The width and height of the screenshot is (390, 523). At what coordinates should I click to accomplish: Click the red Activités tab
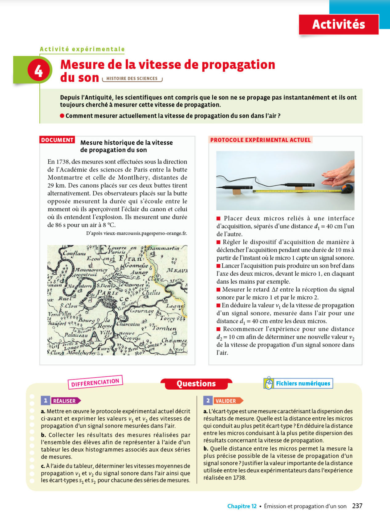(x=338, y=24)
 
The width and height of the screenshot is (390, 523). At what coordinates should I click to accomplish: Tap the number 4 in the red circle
(x=39, y=71)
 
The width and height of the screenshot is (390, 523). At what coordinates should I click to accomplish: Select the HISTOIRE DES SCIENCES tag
(x=132, y=79)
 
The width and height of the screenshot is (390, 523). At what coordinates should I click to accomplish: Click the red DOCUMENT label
(x=57, y=140)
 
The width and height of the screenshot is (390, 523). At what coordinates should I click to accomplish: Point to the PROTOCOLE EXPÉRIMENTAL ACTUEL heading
(x=260, y=140)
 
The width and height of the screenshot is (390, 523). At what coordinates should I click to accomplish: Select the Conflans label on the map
(x=74, y=253)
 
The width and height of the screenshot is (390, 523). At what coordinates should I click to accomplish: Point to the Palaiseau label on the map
(x=76, y=335)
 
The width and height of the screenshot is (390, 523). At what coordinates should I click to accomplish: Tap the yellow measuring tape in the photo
(x=296, y=191)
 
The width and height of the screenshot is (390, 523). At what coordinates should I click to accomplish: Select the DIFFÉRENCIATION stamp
(x=95, y=382)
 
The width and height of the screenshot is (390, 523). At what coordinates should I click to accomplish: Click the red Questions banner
(x=196, y=384)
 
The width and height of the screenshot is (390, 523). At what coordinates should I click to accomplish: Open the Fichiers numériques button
(x=298, y=383)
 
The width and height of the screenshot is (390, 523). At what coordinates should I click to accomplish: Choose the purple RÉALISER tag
(x=64, y=401)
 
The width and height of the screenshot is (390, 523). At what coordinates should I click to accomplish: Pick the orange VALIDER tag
(x=226, y=401)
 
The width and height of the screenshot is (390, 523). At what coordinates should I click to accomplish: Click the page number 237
(x=357, y=506)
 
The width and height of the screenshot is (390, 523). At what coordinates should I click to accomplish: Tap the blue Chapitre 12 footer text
(x=242, y=506)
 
